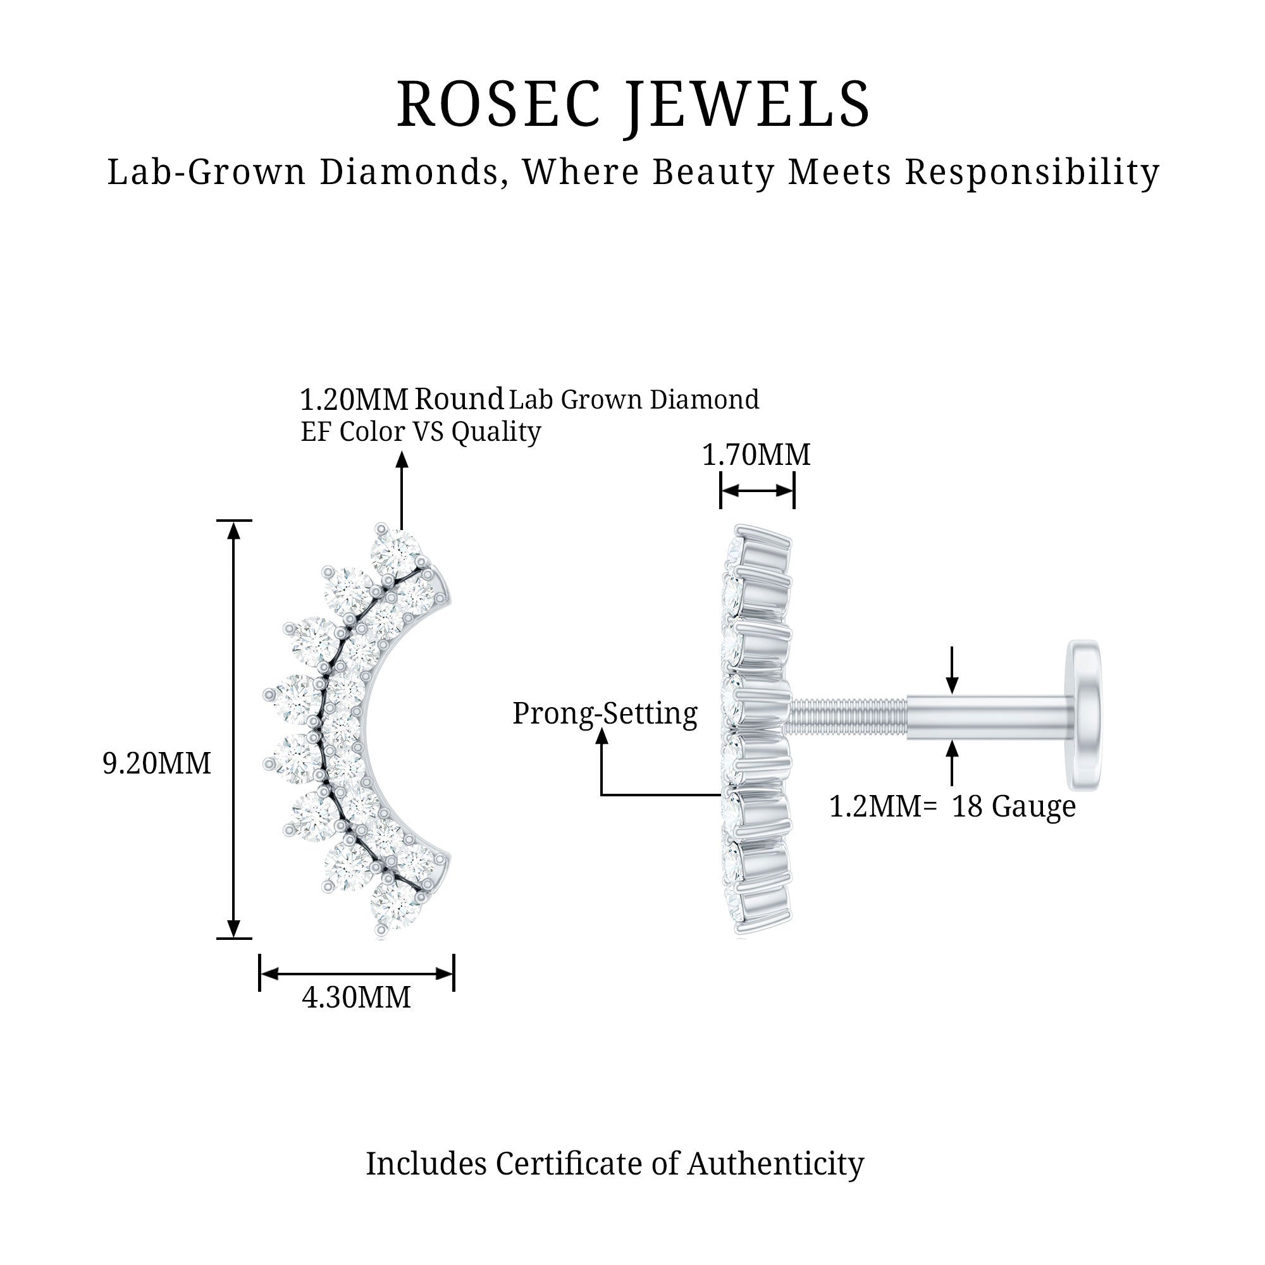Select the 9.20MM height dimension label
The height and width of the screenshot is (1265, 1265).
(x=157, y=763)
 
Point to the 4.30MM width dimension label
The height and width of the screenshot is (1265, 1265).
(x=356, y=998)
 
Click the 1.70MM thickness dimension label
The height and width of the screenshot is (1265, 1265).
(x=756, y=455)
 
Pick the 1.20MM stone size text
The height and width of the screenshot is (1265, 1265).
(x=354, y=399)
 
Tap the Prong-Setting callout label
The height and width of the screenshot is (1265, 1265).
(x=604, y=713)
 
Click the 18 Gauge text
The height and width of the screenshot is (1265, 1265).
(x=1013, y=806)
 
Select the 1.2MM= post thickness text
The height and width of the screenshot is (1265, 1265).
(x=883, y=806)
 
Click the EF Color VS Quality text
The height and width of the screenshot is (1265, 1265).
(x=421, y=432)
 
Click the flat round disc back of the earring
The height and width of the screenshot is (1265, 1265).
(x=1083, y=715)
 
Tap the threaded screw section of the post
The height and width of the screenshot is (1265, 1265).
(x=848, y=715)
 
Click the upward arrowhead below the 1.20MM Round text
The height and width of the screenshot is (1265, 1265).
(x=402, y=460)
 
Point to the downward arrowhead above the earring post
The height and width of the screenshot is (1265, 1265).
(x=952, y=685)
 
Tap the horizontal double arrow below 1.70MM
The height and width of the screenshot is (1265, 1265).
(x=757, y=491)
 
